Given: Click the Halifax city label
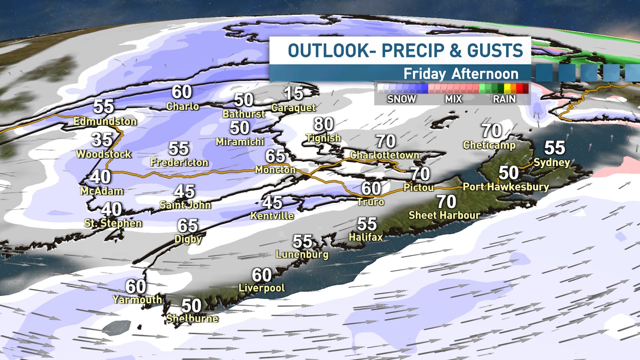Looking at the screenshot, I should coord(365,237).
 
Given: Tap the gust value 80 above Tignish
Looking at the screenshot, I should coord(324,124).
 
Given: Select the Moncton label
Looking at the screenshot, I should coord(275,170).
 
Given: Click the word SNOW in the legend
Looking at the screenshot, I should coord(401,99).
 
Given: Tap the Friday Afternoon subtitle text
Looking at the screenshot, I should coord(460,73).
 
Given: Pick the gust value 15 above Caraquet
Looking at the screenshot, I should coord(293,93).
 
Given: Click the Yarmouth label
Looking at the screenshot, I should coord(137,300).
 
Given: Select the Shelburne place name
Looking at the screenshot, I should coord(192,318).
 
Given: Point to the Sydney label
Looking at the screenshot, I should coord(551,162).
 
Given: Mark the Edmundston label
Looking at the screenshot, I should coord(105,121).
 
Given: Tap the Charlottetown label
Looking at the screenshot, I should coord(384,155).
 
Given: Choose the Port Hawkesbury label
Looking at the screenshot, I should coord(505,187).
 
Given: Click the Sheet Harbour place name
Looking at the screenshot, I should coord(444,215).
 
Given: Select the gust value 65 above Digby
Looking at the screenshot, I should coord(187,225).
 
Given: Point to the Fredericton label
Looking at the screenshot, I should coord(179,163).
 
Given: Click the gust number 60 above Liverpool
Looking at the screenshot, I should coord(261,275).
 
